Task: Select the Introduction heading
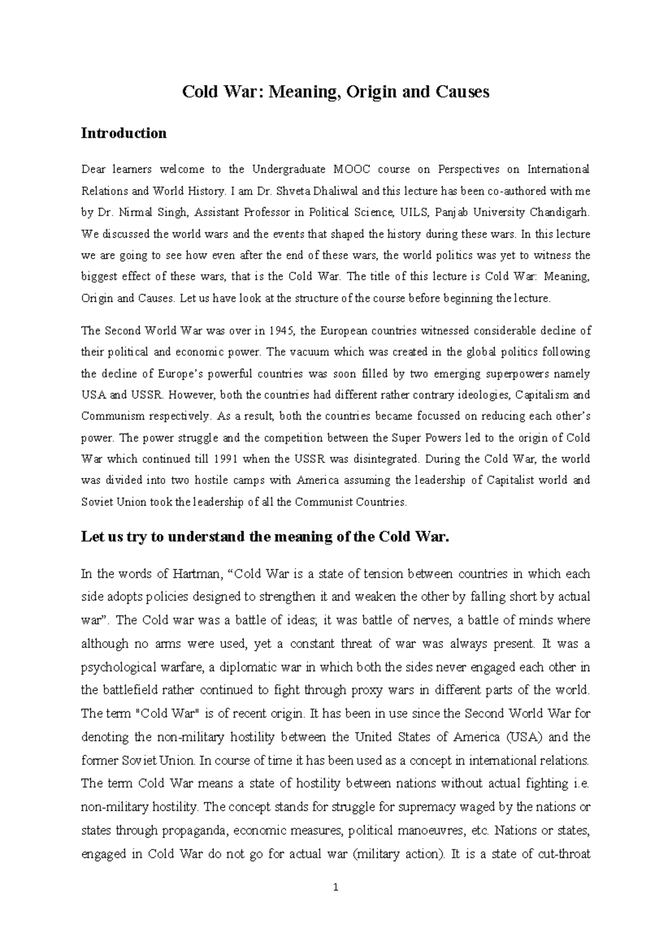tap(124, 133)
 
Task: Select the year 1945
tap(282, 331)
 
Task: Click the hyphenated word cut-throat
tap(564, 854)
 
